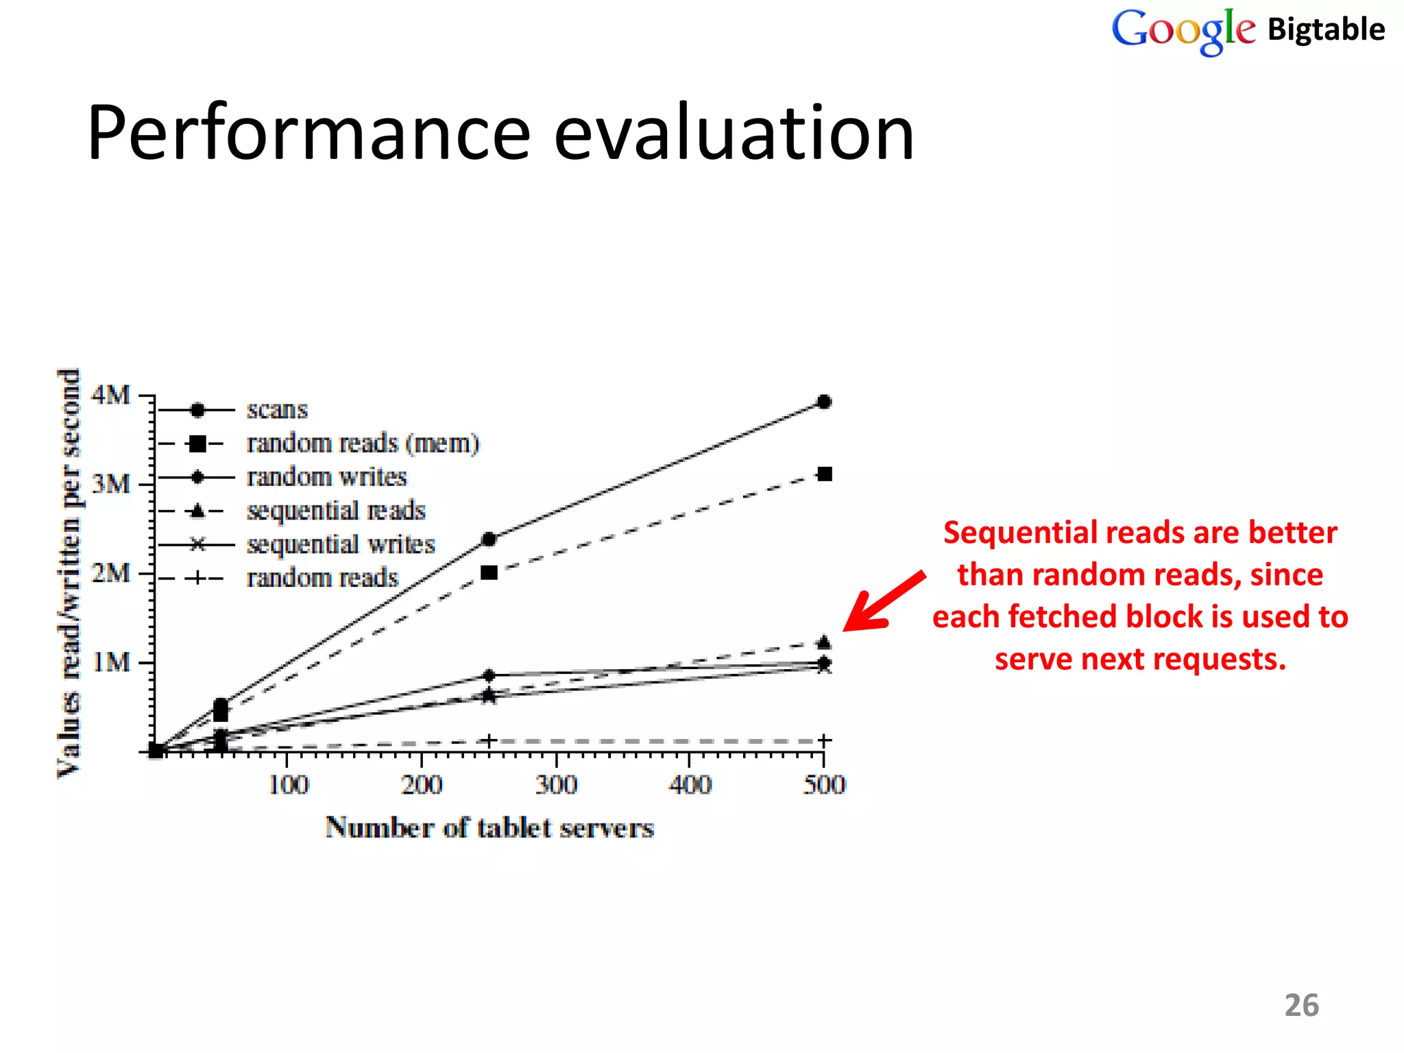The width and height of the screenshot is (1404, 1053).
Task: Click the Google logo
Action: [1183, 30]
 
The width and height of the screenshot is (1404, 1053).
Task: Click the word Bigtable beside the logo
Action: [1326, 30]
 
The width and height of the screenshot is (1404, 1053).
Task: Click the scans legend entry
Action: [277, 410]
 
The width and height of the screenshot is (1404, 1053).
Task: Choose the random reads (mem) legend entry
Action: [363, 444]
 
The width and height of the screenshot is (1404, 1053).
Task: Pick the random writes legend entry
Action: [326, 477]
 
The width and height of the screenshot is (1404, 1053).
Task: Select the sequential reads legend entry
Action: [336, 511]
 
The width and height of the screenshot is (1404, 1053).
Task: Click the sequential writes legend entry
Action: [341, 544]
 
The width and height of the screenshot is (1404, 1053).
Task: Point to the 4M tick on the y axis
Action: [111, 396]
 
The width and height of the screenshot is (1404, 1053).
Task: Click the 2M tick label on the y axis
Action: [111, 573]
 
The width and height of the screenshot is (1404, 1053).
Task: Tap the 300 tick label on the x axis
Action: [556, 784]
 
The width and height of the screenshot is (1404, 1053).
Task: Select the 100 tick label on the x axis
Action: [288, 784]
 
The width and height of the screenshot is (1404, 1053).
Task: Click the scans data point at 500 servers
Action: [825, 402]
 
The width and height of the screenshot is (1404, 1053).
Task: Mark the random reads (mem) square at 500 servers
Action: [825, 474]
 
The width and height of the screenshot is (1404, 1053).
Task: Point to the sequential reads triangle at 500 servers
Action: [825, 642]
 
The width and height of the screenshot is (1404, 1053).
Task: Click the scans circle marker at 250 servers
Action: [489, 540]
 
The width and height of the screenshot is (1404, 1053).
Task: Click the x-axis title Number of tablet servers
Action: [489, 828]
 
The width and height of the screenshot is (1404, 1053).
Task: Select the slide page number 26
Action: [1301, 1006]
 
